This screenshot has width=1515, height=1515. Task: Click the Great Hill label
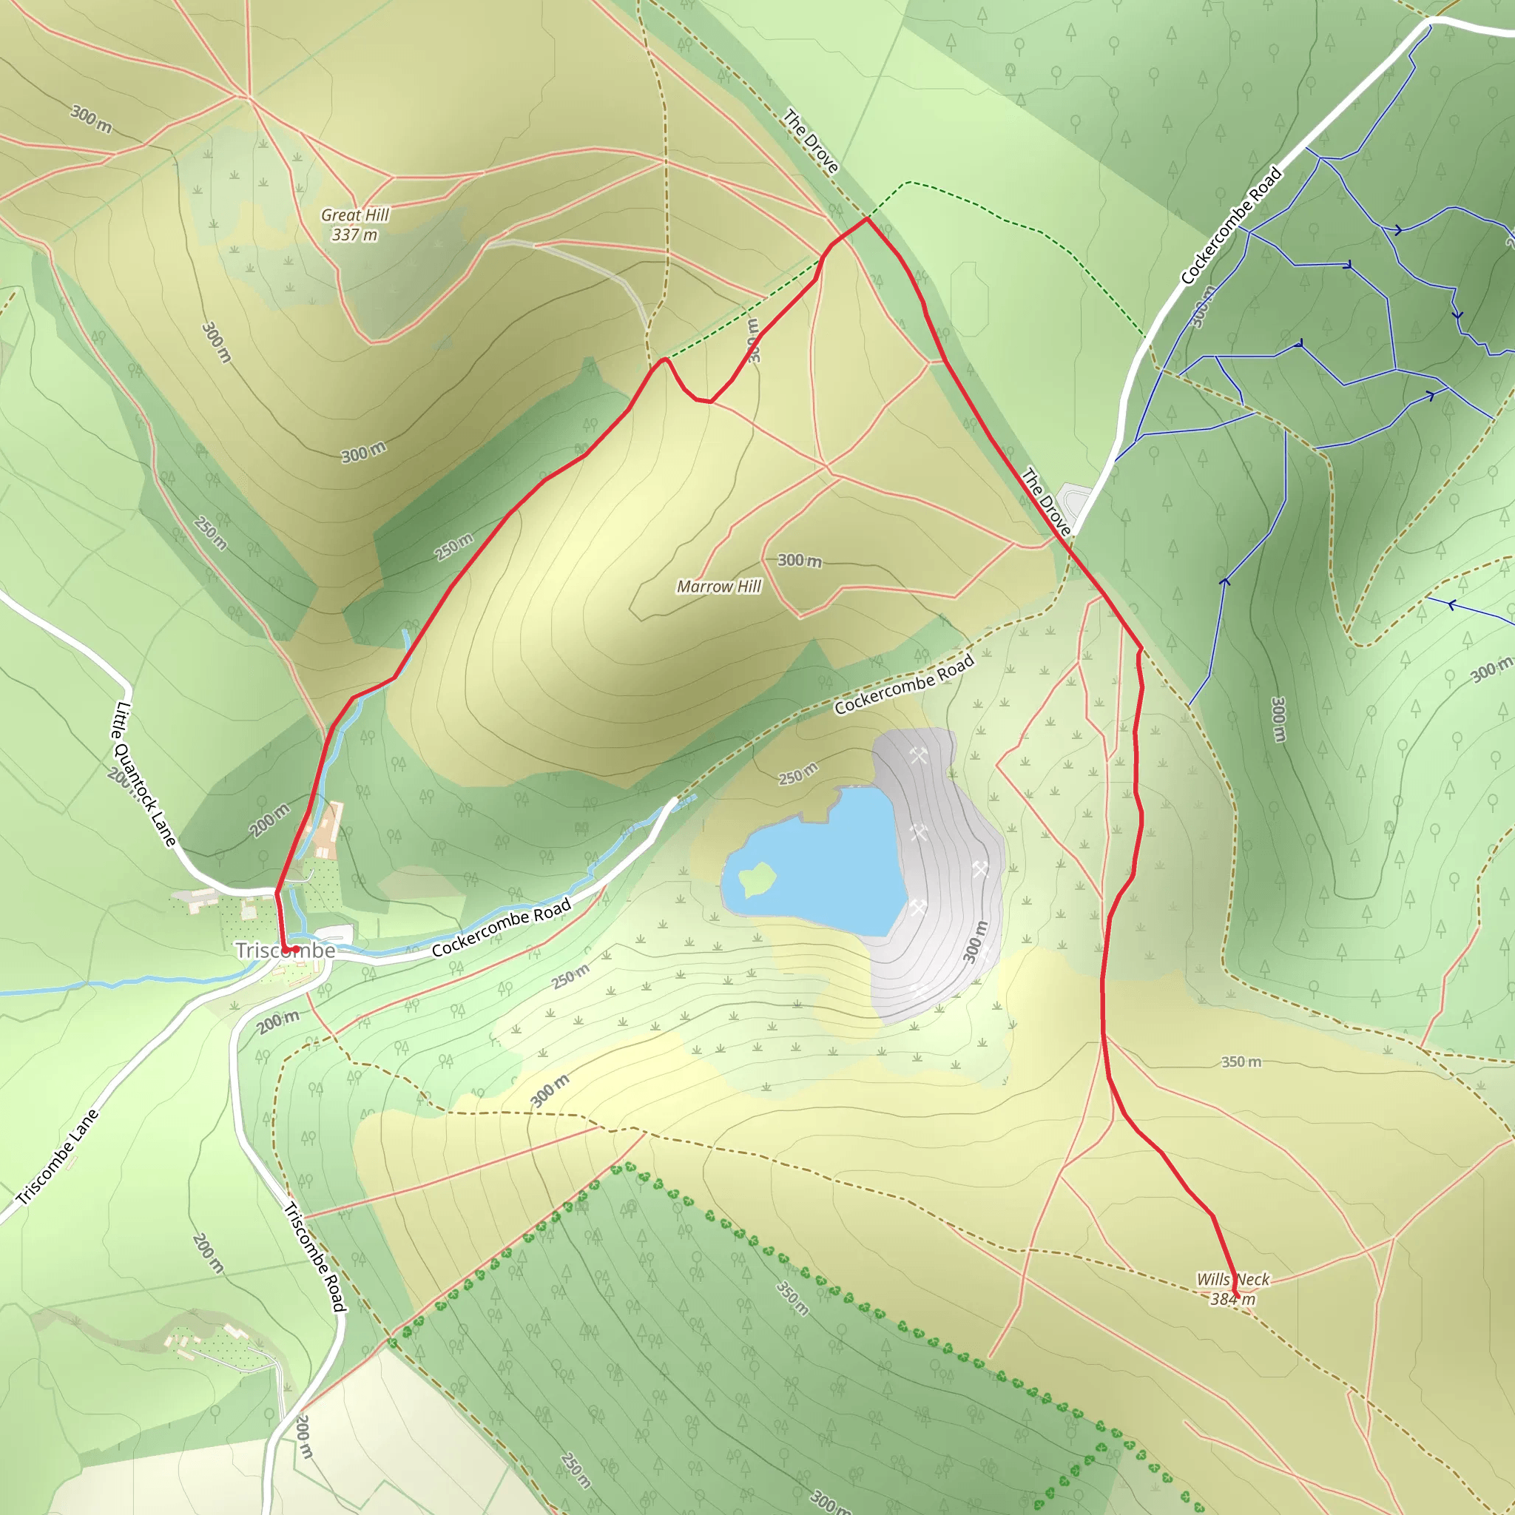click(354, 215)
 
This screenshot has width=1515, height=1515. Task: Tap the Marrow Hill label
click(718, 587)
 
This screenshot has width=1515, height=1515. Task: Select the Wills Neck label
click(1232, 1279)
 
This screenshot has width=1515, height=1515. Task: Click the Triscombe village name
click(286, 951)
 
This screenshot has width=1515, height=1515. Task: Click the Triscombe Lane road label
click(58, 1157)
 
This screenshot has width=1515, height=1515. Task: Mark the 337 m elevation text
click(354, 234)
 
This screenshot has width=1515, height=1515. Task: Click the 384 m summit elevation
click(1232, 1299)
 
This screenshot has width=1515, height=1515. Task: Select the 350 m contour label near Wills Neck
click(1241, 1062)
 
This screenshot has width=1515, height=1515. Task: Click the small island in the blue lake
click(757, 878)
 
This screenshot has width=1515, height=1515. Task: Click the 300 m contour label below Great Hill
click(363, 453)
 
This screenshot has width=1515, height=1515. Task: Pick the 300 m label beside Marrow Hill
click(799, 561)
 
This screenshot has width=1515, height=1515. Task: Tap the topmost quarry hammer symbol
click(918, 756)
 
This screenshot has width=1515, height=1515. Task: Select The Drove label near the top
click(811, 142)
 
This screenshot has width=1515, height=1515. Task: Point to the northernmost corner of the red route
click(866, 219)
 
